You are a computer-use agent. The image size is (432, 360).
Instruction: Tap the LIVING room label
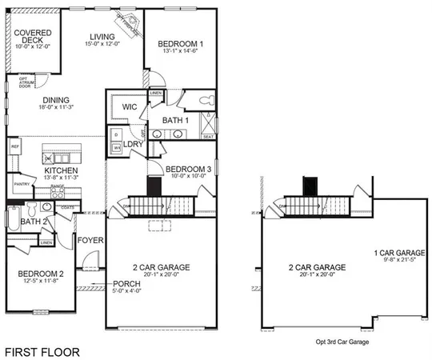coord(102,37)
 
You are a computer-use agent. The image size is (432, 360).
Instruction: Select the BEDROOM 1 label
coord(180,43)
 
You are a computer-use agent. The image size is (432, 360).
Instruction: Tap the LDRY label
coord(134,144)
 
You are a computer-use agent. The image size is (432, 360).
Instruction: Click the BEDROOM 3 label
coord(189,169)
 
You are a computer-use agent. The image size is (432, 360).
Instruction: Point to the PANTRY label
coord(22,183)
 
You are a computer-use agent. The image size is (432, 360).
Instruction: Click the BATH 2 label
coord(33,221)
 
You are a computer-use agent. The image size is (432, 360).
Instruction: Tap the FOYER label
coord(88,239)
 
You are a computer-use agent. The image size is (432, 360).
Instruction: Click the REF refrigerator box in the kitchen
coord(14,147)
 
